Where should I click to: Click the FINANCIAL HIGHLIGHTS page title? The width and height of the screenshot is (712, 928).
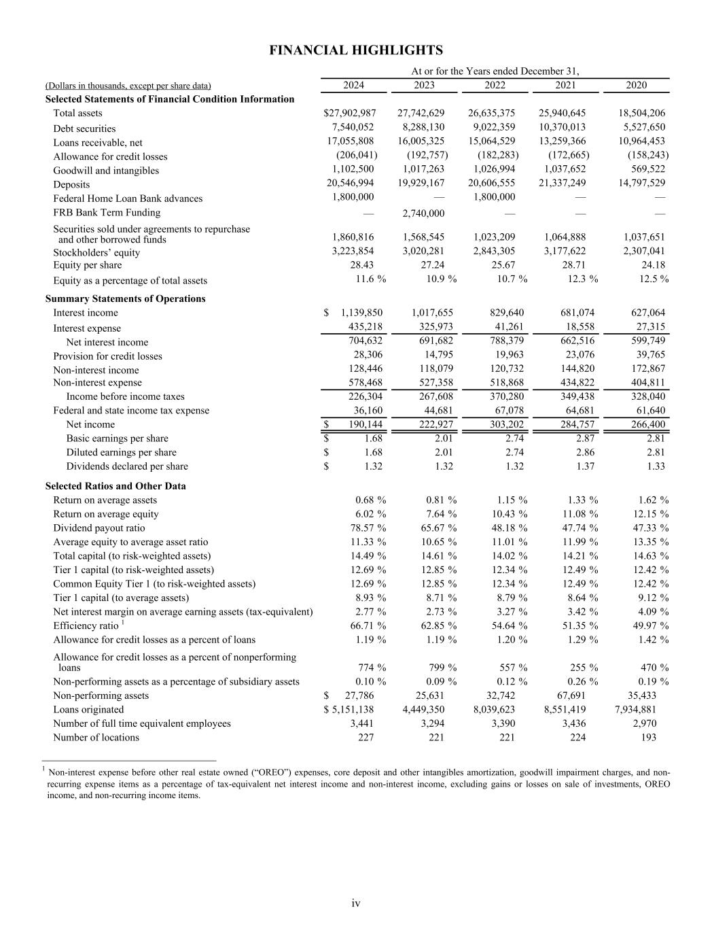356,50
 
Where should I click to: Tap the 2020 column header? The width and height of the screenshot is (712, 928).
636,85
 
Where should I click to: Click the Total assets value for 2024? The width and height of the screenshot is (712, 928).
350,113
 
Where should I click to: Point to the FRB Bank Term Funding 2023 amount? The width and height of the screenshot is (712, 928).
423,213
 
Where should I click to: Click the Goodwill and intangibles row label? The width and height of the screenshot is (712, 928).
106,171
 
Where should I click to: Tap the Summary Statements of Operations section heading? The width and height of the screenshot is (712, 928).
125,298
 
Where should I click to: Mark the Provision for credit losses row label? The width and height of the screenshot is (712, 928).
107,356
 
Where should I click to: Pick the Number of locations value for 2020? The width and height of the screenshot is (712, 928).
648,738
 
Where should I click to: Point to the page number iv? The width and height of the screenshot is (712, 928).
356,904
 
